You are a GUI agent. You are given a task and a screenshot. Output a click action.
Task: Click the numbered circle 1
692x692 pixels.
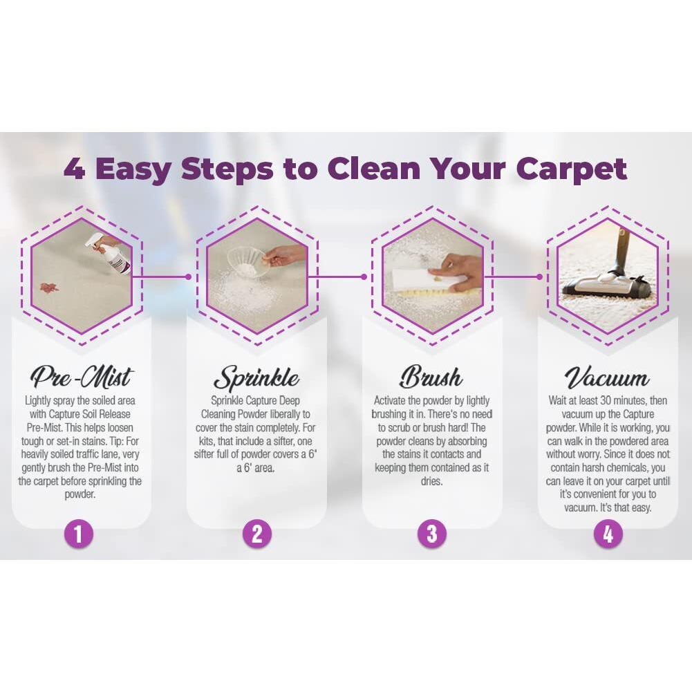tap(79, 534)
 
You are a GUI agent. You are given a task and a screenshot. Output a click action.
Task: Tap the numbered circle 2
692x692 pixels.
tap(256, 534)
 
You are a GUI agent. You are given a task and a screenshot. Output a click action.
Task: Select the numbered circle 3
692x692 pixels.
tap(432, 534)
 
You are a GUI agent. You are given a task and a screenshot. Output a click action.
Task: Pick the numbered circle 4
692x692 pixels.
tap(608, 534)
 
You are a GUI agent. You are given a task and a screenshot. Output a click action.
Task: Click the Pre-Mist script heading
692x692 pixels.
tap(81, 377)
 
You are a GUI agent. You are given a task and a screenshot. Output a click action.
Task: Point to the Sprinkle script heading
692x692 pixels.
tap(256, 378)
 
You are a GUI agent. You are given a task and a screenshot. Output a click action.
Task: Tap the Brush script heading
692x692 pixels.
tap(431, 378)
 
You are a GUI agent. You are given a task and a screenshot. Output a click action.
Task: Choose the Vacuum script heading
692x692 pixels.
tap(607, 378)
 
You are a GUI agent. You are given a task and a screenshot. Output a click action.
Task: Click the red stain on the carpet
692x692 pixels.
tap(48, 287)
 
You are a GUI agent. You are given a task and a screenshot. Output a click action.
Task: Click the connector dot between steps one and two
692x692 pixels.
tap(188, 277)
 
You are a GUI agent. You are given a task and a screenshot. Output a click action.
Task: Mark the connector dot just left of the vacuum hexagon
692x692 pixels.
tap(539, 277)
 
